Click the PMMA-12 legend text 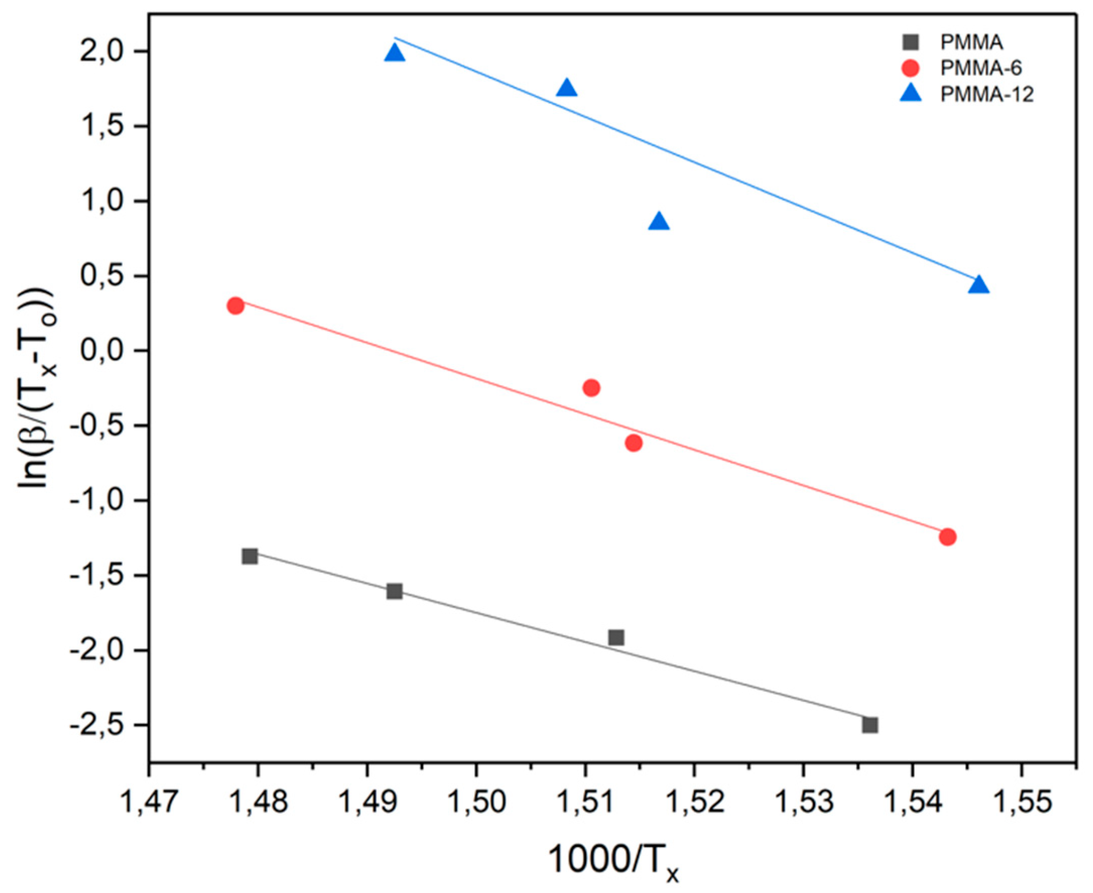(x=986, y=95)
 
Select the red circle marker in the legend (x=910, y=68)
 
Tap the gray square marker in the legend (x=910, y=42)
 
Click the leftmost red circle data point (x=236, y=306)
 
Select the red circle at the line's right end (x=947, y=537)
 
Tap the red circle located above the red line (x=591, y=388)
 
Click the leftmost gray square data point (x=250, y=556)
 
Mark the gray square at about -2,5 (x=870, y=725)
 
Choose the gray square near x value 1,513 (x=616, y=637)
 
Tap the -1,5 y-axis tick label (x=96, y=576)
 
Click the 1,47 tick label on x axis (x=148, y=802)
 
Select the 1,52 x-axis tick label (x=694, y=802)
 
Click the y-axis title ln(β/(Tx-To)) (x=36, y=388)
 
